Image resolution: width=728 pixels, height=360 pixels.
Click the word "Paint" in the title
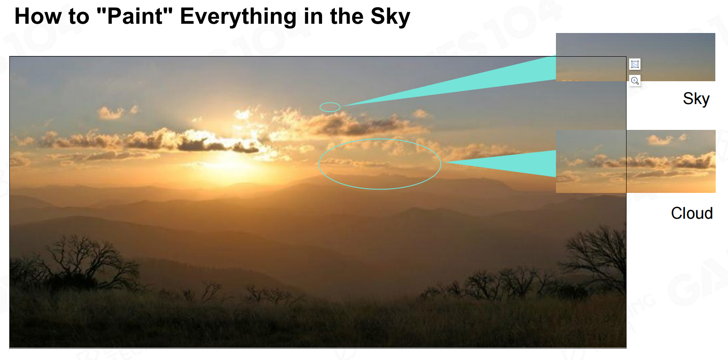134,16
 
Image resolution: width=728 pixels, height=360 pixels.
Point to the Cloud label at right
692,213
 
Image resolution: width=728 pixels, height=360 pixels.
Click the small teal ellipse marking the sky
330,103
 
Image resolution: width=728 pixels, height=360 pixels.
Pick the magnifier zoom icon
635,80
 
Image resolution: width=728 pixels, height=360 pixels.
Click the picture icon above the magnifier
635,64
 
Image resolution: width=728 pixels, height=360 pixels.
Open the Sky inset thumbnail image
635,57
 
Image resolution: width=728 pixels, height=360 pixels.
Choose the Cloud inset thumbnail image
635,161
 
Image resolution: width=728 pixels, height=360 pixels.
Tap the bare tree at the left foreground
85,262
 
